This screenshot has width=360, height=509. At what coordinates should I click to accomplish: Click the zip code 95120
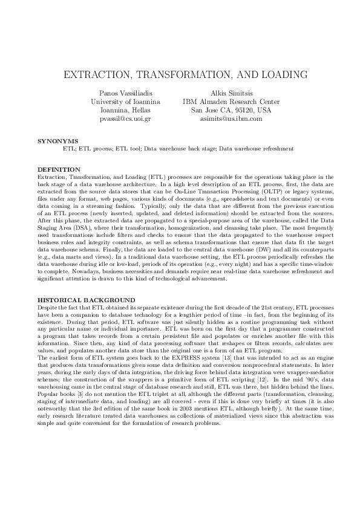tap(243, 111)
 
